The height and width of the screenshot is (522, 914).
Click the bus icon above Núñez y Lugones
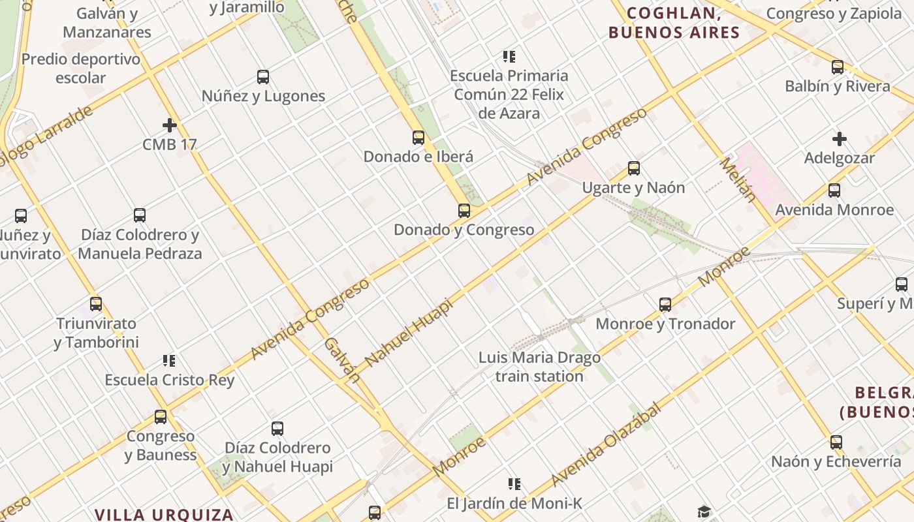pyautogui.click(x=263, y=77)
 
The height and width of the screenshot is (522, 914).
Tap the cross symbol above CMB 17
pyautogui.click(x=170, y=125)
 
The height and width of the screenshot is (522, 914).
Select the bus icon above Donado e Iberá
pyautogui.click(x=418, y=138)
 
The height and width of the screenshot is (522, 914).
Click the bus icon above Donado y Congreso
pyautogui.click(x=464, y=211)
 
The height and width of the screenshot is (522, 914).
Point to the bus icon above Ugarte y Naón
pyautogui.click(x=633, y=168)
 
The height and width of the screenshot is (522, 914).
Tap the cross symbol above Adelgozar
pyautogui.click(x=840, y=139)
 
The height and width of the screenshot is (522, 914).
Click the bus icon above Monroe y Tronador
pyautogui.click(x=665, y=305)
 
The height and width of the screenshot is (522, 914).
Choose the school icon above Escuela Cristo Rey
pyautogui.click(x=169, y=361)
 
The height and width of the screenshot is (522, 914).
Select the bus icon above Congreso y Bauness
pyautogui.click(x=161, y=417)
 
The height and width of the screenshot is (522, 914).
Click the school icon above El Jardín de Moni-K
pyautogui.click(x=514, y=484)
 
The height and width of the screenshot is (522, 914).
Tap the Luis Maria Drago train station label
pyautogui.click(x=539, y=367)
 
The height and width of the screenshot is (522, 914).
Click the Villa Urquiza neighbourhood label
pyautogui.click(x=164, y=514)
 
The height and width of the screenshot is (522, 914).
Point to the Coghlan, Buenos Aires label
pyautogui.click(x=674, y=23)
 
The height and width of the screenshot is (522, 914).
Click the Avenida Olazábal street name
pyautogui.click(x=606, y=444)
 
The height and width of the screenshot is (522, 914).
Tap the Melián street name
pyautogui.click(x=738, y=179)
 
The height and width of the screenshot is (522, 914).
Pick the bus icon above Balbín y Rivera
pyautogui.click(x=837, y=67)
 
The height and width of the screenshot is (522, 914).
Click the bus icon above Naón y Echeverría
pyautogui.click(x=836, y=442)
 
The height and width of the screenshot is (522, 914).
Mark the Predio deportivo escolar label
pyautogui.click(x=81, y=69)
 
